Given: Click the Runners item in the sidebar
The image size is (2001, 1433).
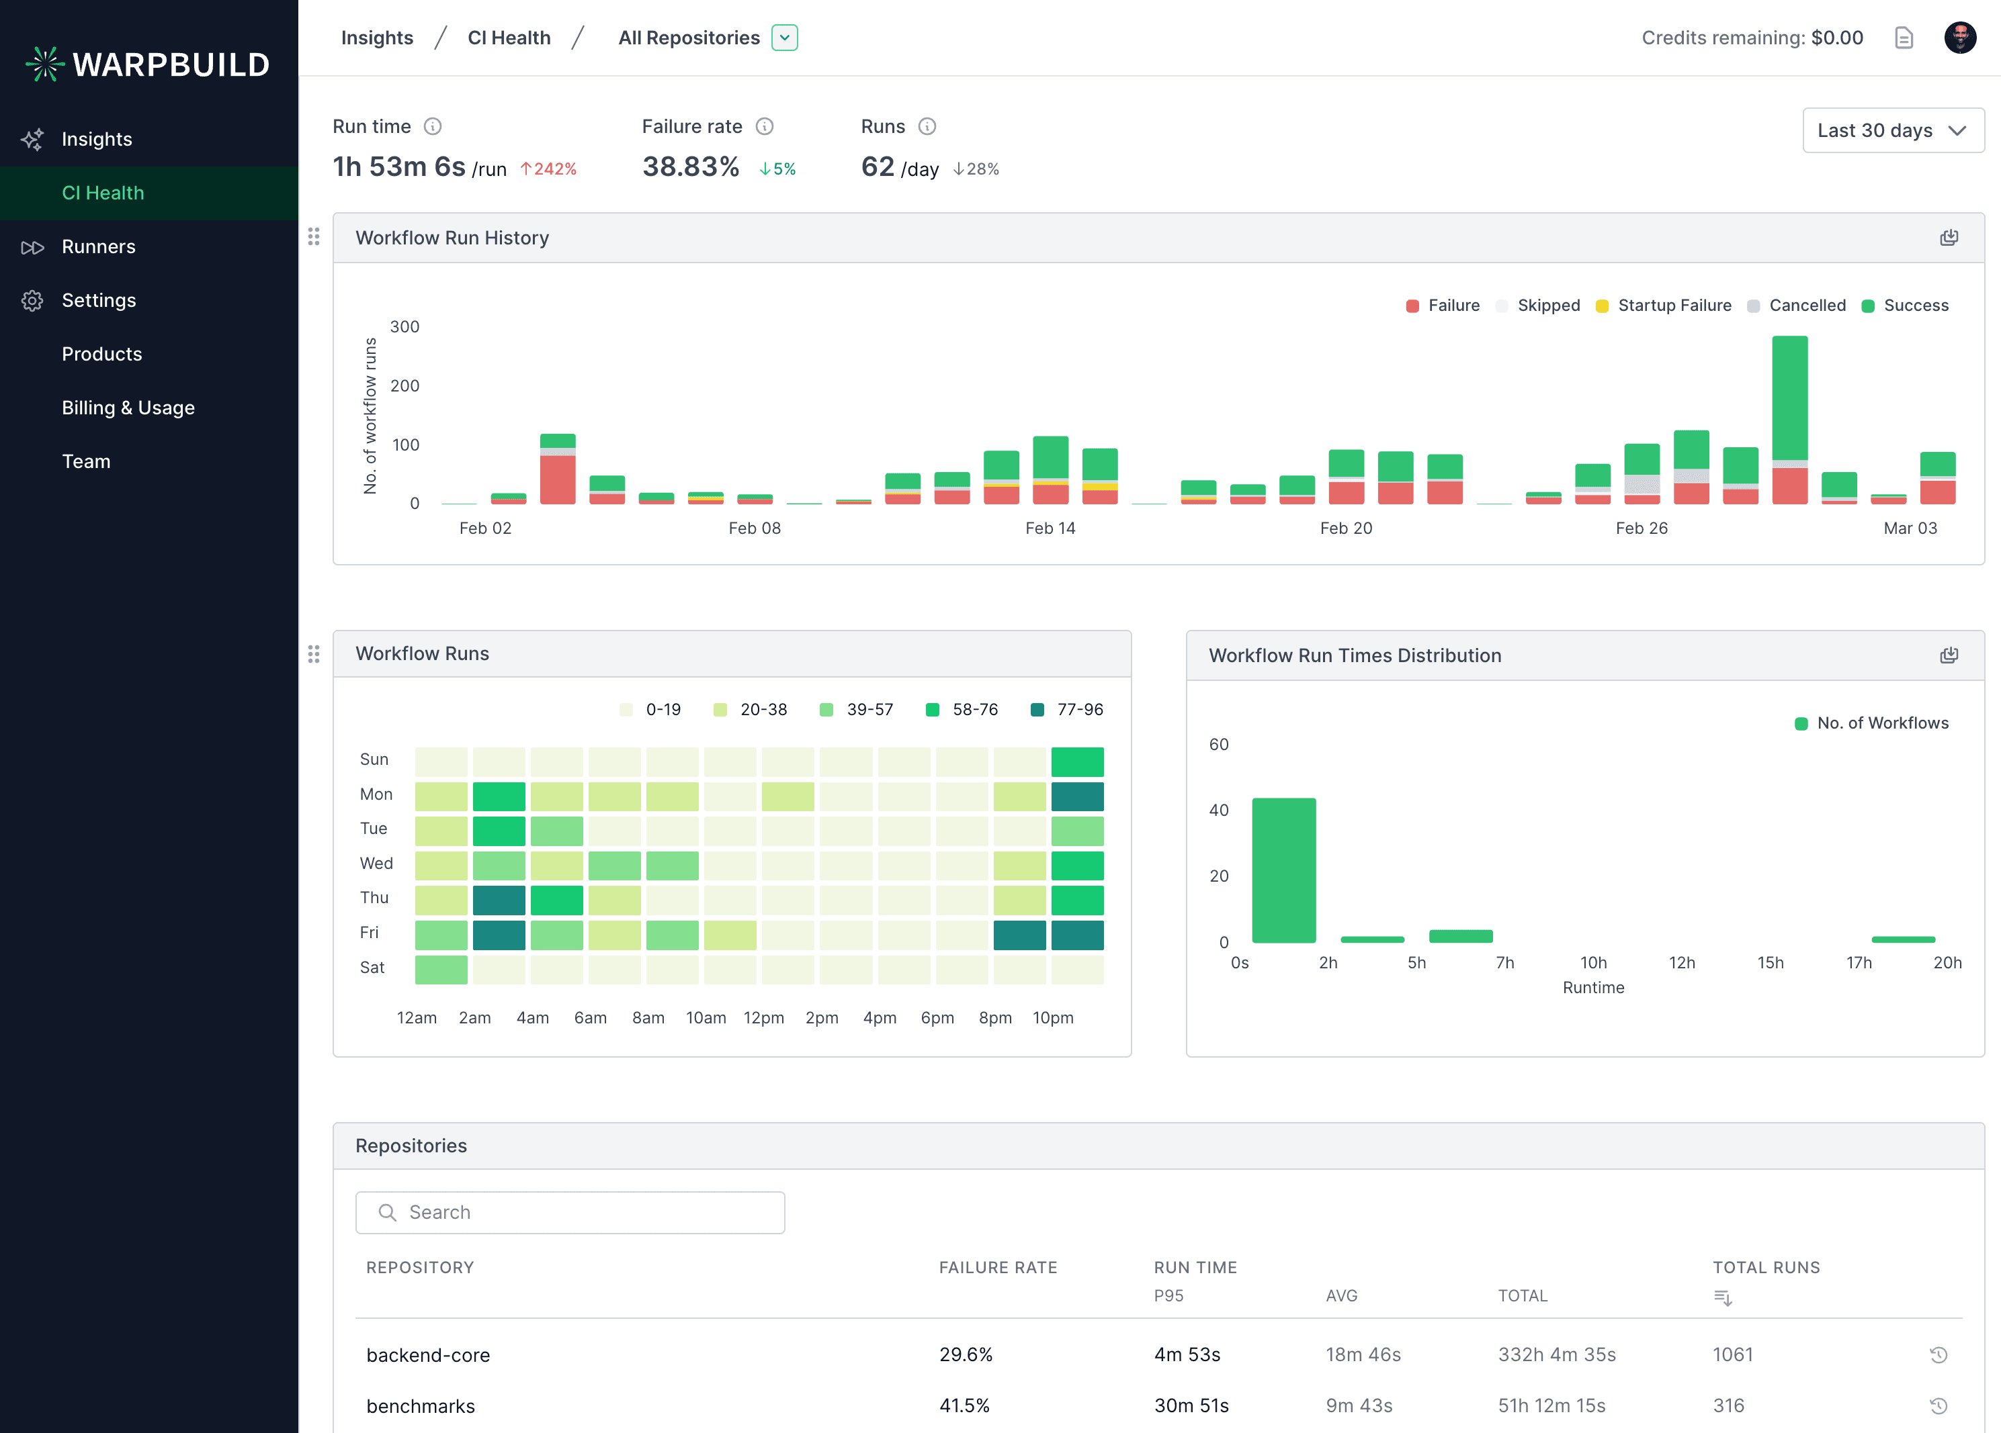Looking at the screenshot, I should [98, 247].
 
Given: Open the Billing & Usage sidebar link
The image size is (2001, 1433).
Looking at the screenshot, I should [128, 408].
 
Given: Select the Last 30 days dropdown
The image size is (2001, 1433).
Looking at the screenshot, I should [1892, 130].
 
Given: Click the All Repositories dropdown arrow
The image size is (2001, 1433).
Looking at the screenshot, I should [784, 38].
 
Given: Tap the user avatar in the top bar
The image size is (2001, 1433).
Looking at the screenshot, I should [1959, 38].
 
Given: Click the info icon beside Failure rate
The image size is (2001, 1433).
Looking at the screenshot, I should [765, 127].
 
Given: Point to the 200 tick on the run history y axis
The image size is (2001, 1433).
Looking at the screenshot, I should [405, 386].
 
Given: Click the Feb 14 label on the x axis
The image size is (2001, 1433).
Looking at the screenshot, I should [1050, 528].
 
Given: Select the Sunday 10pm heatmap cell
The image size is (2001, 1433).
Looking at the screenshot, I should [1076, 761].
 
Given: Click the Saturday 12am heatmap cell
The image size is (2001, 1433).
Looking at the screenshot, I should [441, 969].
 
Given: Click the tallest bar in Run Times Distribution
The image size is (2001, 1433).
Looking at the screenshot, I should [1283, 870].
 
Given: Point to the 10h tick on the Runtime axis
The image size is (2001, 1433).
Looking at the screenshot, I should [1592, 963].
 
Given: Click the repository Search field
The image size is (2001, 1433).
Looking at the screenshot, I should [570, 1213].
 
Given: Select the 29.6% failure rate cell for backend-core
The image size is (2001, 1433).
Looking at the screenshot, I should [965, 1354].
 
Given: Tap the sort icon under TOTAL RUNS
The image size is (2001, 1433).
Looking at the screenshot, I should [1722, 1298].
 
